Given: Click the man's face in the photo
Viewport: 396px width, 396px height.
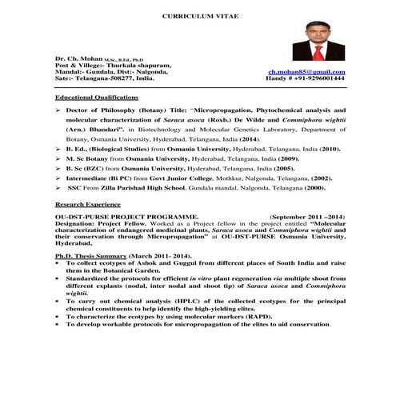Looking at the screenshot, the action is tap(318, 34).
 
